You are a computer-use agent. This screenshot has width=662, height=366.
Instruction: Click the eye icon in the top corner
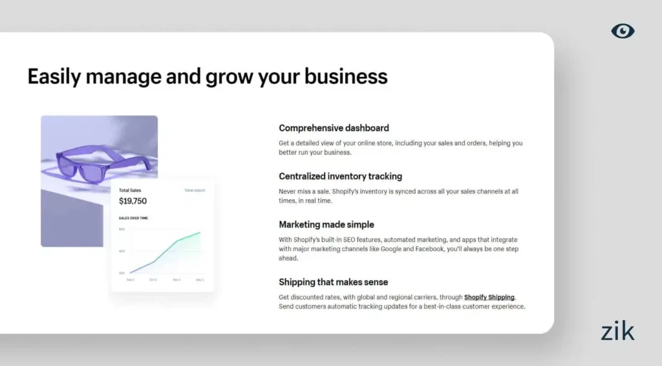tap(623, 30)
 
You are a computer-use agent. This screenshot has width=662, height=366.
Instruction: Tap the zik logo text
tap(617, 331)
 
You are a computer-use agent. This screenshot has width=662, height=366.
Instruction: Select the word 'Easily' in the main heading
tap(54, 76)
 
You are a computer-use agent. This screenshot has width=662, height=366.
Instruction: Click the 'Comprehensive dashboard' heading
tap(334, 128)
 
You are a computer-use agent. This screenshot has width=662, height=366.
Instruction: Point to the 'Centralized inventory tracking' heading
tap(340, 176)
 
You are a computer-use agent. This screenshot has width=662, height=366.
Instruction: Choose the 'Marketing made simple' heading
tap(326, 224)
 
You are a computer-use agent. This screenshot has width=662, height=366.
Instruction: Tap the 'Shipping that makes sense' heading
tap(333, 282)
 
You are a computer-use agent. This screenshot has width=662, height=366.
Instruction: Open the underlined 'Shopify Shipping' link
tap(489, 297)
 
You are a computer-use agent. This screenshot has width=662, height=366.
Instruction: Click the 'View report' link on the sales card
tap(195, 190)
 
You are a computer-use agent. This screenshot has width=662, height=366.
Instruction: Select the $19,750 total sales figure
tap(133, 201)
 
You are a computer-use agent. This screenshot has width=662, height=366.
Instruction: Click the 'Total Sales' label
tap(130, 190)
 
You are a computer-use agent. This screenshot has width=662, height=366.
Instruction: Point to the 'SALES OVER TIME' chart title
tap(133, 218)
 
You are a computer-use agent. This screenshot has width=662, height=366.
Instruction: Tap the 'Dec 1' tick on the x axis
tap(200, 280)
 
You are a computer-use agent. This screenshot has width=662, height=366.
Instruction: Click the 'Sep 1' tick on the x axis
tap(131, 280)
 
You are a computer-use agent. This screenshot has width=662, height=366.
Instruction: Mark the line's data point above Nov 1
tap(177, 241)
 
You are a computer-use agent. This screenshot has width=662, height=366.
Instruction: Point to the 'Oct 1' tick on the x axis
tap(153, 280)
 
